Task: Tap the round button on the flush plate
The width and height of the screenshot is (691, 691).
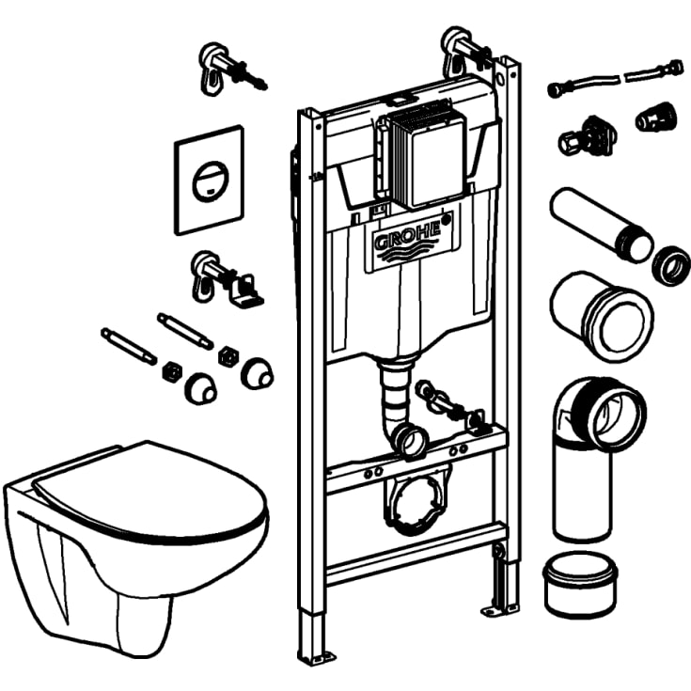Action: click(x=210, y=176)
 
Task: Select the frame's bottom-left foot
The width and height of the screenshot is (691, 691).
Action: click(x=317, y=648)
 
